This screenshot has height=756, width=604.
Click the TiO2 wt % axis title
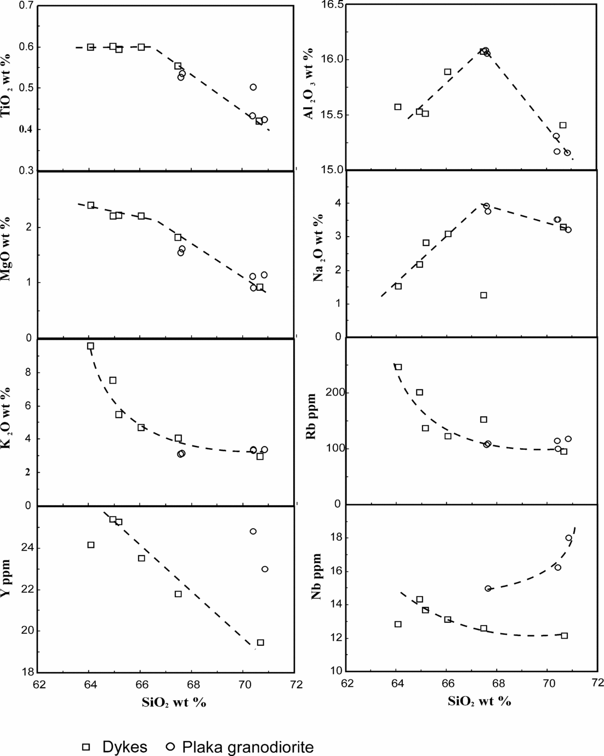7,88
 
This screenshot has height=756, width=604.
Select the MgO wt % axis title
7,251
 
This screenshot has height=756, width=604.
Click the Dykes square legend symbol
86,747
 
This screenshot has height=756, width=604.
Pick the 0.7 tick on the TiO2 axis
25,5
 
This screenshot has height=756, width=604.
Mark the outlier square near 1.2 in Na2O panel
483,295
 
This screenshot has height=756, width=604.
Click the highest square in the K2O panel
90,346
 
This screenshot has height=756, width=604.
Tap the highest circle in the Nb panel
568,538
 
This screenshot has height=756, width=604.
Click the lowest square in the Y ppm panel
260,643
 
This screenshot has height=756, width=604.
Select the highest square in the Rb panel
398,367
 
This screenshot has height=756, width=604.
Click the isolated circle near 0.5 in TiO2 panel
253,87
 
